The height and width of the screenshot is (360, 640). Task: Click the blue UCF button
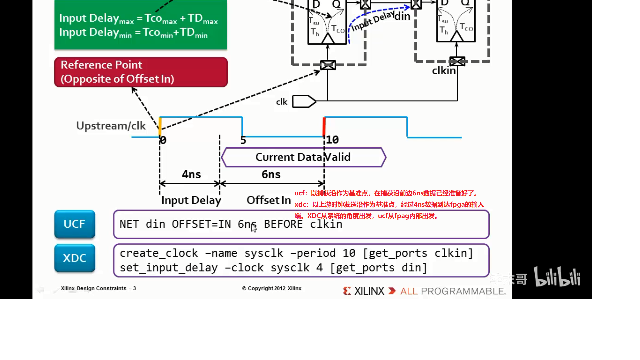click(75, 224)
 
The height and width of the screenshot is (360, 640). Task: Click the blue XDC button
click(75, 258)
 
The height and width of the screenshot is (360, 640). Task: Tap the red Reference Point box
click(141, 72)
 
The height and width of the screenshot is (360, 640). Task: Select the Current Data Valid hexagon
click(303, 157)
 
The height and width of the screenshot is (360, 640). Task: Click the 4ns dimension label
click(191, 174)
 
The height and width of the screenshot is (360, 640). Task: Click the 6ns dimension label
click(271, 174)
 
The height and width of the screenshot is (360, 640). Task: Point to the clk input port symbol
click(304, 101)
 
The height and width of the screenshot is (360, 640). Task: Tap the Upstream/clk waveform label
click(111, 126)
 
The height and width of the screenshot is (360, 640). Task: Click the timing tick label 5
click(243, 140)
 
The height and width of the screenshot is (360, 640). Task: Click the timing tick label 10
click(332, 140)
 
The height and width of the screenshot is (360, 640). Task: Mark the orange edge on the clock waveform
click(160, 126)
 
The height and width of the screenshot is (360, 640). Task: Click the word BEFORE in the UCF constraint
click(283, 224)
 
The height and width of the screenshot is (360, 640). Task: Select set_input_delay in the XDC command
click(169, 268)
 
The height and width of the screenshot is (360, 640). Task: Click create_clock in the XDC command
click(159, 253)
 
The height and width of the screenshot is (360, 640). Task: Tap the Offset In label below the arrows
click(269, 200)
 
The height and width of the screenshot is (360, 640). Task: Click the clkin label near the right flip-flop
click(444, 71)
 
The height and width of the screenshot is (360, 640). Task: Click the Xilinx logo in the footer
click(364, 291)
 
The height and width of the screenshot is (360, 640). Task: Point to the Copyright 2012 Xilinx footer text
click(272, 288)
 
